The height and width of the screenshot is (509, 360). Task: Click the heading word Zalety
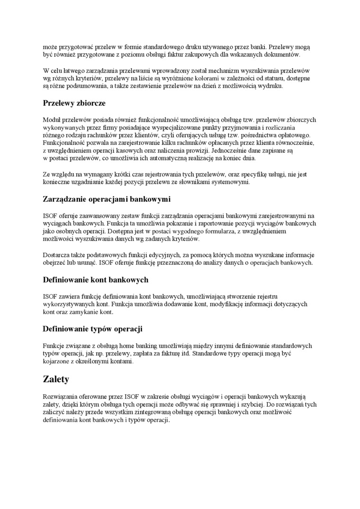point(56,379)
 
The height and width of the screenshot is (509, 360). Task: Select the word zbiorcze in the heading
point(89,103)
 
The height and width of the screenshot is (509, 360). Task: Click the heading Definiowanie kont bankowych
point(95,280)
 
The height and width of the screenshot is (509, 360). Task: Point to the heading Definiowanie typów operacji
point(92,329)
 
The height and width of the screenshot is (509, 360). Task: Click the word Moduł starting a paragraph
point(52,120)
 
